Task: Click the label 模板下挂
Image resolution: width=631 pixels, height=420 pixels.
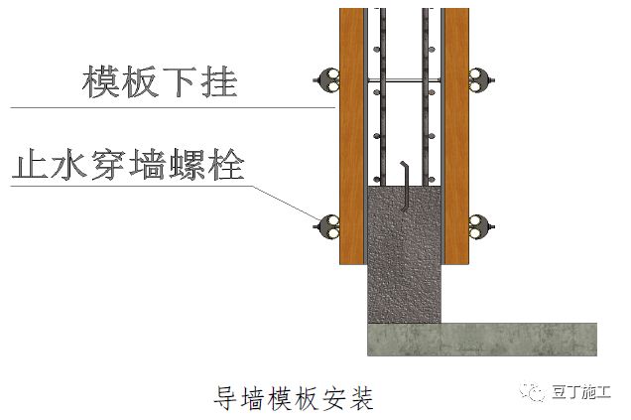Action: tap(160, 82)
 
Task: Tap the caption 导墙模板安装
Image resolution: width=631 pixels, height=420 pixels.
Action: tap(294, 398)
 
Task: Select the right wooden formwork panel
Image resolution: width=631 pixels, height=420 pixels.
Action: tap(455, 139)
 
